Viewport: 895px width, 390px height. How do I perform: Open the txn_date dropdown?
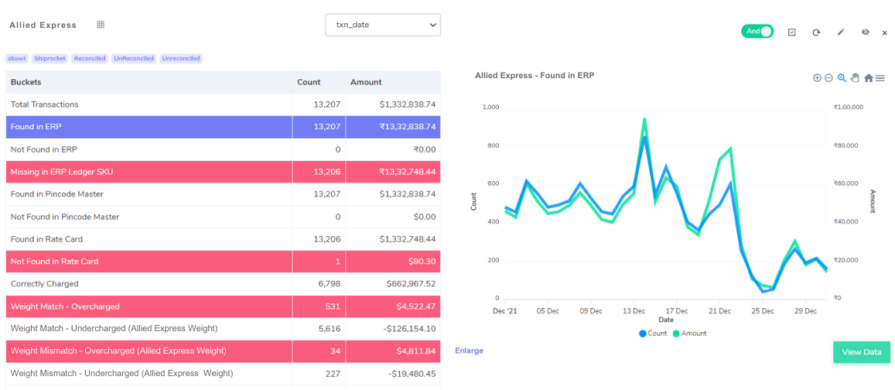click(382, 25)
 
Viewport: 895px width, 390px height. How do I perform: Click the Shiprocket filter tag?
click(50, 59)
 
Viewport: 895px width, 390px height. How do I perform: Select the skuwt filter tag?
click(17, 59)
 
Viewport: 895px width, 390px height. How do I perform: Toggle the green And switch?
click(757, 32)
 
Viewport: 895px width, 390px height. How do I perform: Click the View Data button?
click(861, 352)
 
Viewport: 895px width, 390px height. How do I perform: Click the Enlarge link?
click(469, 351)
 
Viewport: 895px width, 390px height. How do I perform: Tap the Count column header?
click(309, 82)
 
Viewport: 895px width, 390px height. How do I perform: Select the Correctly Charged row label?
click(45, 284)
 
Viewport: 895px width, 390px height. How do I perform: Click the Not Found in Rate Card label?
click(54, 262)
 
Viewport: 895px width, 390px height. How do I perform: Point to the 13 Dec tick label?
click(634, 311)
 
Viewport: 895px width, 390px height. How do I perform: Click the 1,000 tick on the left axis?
click(490, 108)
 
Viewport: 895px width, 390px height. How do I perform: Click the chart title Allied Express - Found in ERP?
click(534, 76)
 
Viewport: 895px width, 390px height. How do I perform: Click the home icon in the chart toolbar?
click(868, 78)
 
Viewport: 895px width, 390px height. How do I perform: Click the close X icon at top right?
click(885, 32)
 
